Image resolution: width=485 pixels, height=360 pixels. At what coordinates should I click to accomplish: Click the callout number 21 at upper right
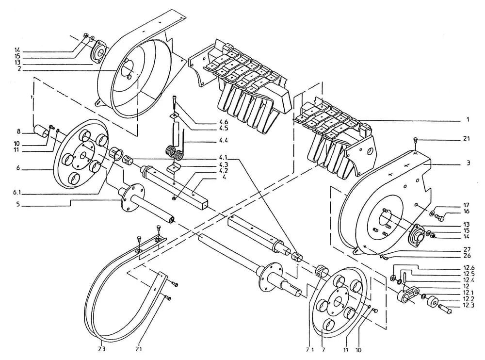pos(467,139)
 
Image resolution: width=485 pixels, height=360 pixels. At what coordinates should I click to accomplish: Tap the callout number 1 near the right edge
pos(468,119)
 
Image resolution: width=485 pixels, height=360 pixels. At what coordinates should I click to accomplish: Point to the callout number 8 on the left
pos(18,131)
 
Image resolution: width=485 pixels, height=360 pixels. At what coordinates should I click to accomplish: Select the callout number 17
pos(467,205)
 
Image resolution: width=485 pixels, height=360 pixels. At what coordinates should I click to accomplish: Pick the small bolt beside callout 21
pos(415,141)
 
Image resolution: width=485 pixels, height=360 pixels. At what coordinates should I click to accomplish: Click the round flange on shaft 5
pos(132,195)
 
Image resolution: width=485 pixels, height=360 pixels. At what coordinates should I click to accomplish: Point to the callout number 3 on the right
pos(469,164)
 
